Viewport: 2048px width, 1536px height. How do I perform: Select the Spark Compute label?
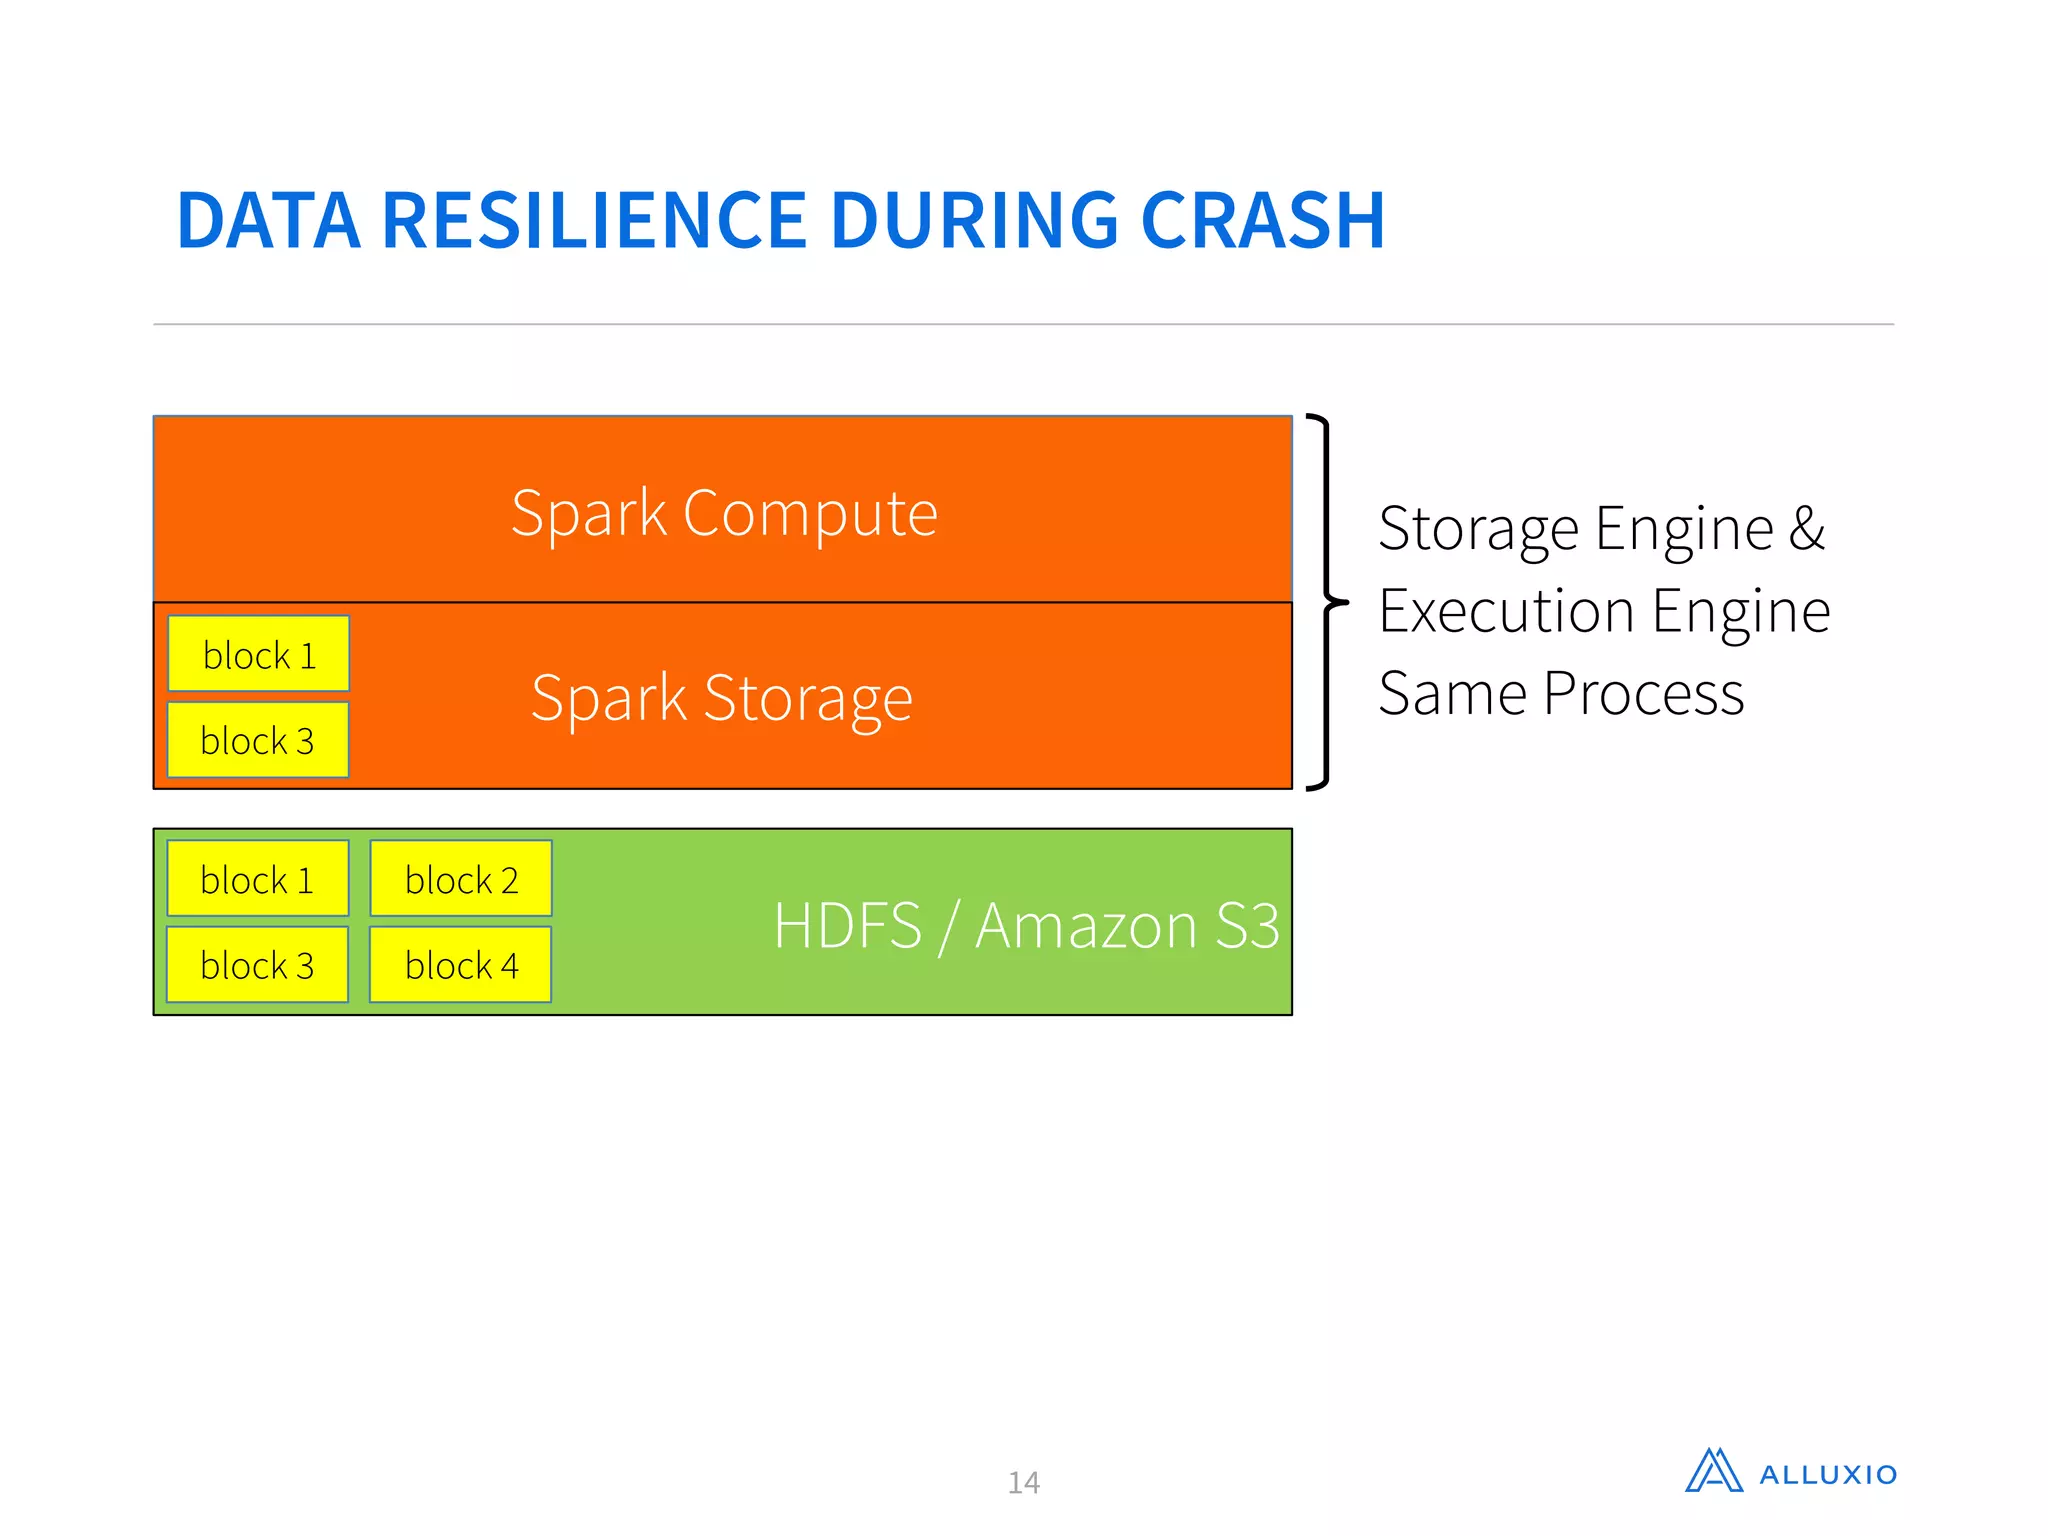tap(724, 513)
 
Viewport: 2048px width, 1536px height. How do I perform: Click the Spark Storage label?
tap(721, 697)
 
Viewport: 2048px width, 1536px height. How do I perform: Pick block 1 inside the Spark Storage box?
tap(259, 655)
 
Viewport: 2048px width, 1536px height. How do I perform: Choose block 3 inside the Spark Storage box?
tap(258, 741)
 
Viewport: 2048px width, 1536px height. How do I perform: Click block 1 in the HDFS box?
tap(258, 880)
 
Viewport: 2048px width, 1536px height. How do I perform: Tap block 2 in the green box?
tap(461, 880)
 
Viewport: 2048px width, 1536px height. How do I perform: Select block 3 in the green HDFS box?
tap(258, 966)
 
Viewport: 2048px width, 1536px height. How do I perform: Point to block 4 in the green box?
tap(461, 966)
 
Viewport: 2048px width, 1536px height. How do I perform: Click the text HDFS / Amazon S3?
tap(1026, 925)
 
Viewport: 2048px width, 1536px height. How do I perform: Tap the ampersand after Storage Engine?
tap(1806, 528)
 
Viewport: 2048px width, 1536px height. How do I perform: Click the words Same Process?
tap(1560, 694)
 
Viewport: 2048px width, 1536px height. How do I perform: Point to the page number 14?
tap(1023, 1482)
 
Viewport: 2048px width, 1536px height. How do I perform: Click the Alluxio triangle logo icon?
tap(1713, 1471)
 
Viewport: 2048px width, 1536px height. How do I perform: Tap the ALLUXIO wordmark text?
tap(1828, 1475)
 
